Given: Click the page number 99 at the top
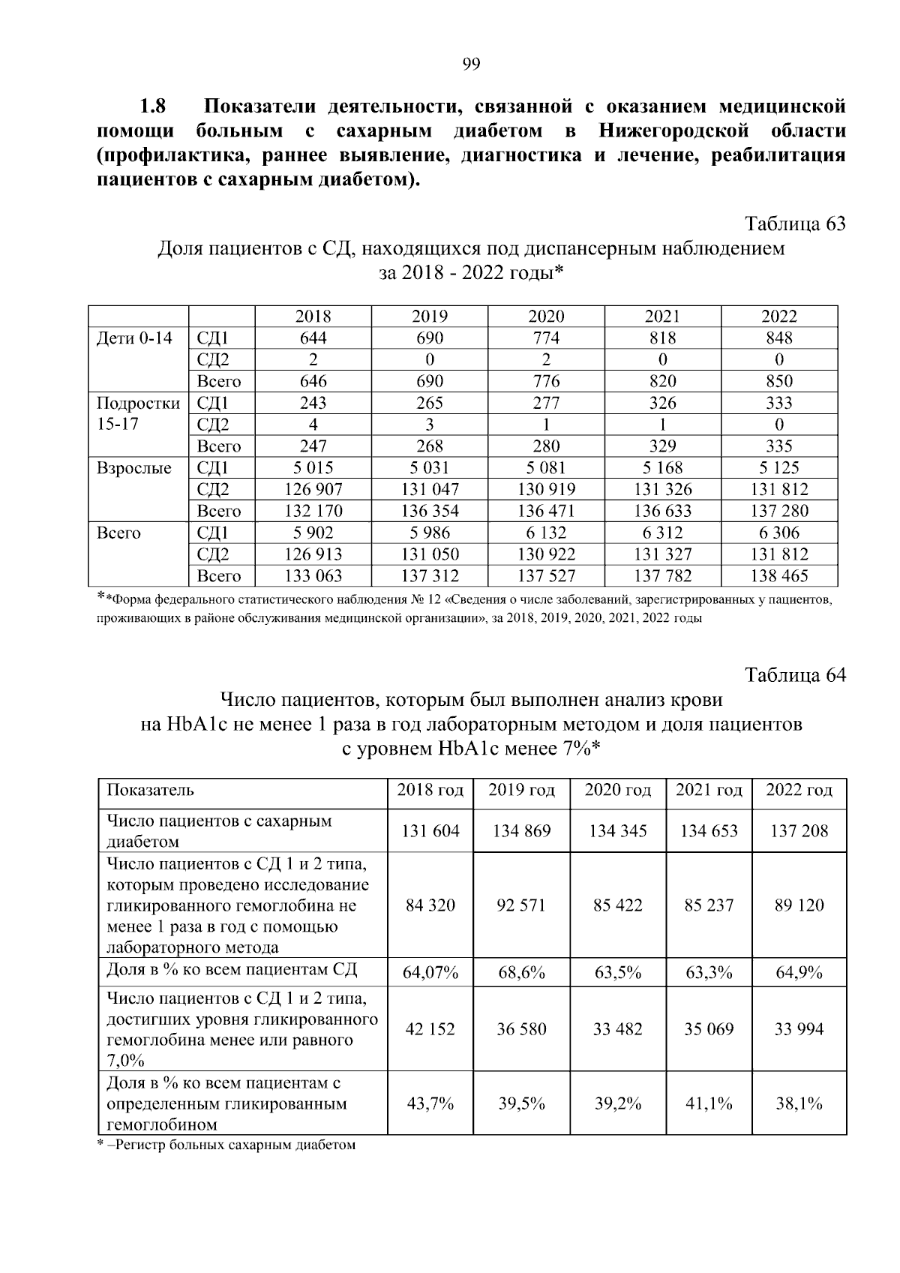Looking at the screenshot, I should click(471, 64).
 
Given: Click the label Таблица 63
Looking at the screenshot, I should click(795, 224).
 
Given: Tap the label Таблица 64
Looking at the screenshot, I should click(795, 675).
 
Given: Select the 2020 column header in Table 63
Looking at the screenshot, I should click(546, 317).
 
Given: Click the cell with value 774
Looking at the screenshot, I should click(546, 338).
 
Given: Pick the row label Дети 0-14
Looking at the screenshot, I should click(135, 338).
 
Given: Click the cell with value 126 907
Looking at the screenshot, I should click(313, 490).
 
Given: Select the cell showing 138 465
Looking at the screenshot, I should click(779, 576).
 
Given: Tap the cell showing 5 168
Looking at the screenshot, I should click(662, 468).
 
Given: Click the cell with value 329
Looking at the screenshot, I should click(662, 446).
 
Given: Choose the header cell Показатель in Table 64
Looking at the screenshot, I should click(151, 790).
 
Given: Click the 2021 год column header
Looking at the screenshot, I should click(709, 790).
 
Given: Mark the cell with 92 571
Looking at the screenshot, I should click(521, 905).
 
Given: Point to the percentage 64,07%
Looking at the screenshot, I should click(430, 974).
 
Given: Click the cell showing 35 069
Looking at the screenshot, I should click(709, 1029).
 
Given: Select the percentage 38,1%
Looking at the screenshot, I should click(799, 1103).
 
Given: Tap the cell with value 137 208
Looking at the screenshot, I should click(799, 831).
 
